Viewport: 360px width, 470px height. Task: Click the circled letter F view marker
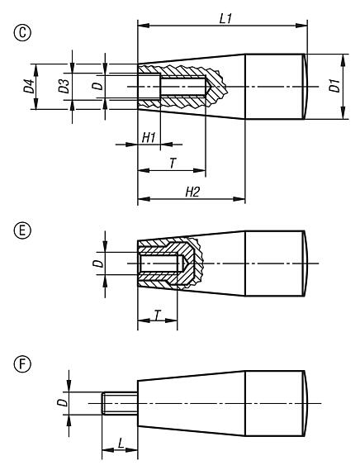click(11, 362)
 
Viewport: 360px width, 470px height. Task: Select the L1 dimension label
click(225, 18)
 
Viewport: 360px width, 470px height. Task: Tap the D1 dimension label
click(335, 86)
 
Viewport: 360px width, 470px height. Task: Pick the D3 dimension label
click(64, 86)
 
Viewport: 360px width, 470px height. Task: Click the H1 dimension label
click(149, 136)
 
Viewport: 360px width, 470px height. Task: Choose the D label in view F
click(60, 404)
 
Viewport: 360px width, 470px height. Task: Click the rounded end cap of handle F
click(309, 404)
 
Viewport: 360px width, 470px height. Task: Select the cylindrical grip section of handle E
click(274, 264)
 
